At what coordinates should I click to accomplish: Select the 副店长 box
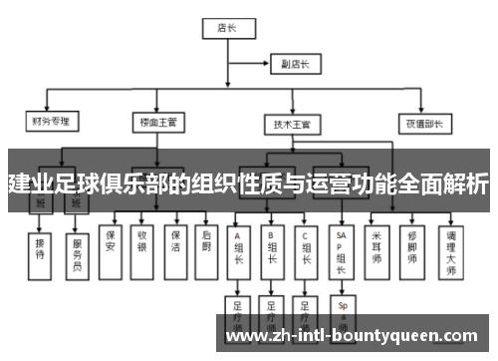pyautogui.click(x=296, y=64)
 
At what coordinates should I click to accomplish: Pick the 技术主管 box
pyautogui.click(x=291, y=125)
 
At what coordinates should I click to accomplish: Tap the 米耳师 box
pyautogui.click(x=376, y=245)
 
